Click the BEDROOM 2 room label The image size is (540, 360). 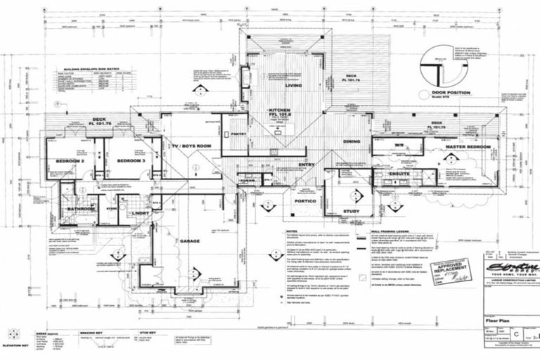(70, 161)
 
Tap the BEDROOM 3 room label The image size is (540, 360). (130, 161)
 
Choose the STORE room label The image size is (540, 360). (111, 208)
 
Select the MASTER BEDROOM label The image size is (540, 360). (464, 145)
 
